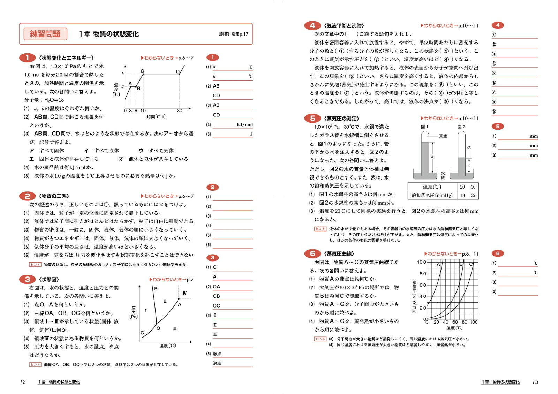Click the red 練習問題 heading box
coord(45,34)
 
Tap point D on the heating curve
coord(178,72)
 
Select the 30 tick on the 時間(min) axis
coord(180,111)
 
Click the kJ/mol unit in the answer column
coord(245,124)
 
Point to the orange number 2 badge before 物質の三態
coord(27,196)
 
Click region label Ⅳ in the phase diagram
coord(184,293)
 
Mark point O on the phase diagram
coord(158,328)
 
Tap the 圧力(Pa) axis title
coord(134,312)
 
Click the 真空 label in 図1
coord(443,136)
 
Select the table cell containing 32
coord(473,195)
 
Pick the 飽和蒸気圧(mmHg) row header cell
coord(432,195)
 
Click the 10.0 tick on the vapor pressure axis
coord(421,262)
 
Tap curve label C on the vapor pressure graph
coord(471,264)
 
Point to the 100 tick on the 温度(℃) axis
coord(474,322)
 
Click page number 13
coord(535,382)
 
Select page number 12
coord(23,382)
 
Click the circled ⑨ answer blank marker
coord(493,112)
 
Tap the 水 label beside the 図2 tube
coord(469,147)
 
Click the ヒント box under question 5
coord(320,229)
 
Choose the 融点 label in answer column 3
coord(217,354)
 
